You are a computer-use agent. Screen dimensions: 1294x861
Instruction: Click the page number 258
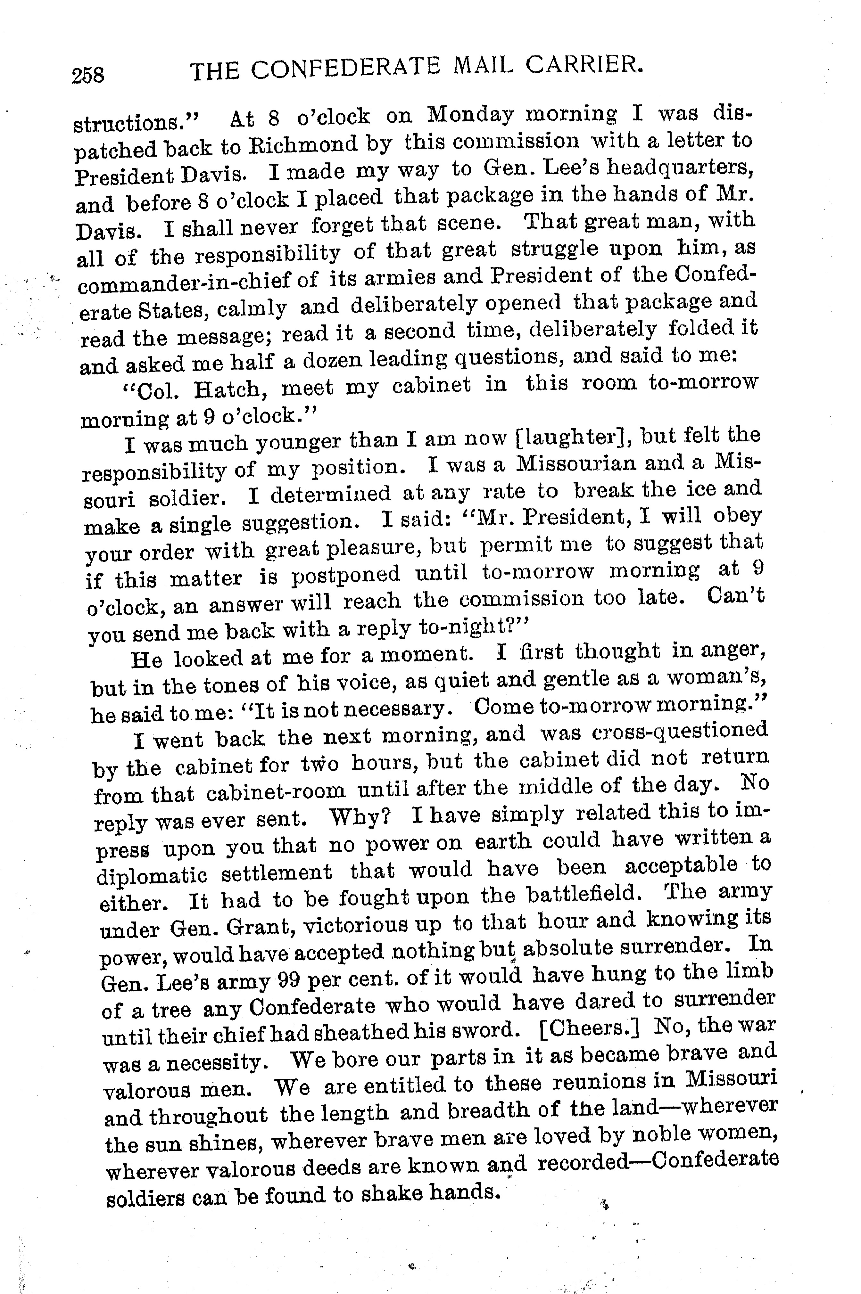88,74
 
